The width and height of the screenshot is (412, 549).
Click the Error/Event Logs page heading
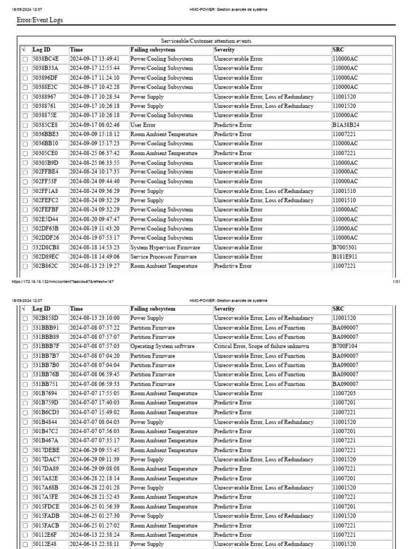pyautogui.click(x=40, y=20)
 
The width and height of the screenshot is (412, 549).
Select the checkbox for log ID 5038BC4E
pyautogui.click(x=25, y=59)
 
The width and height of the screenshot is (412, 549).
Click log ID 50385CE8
pyautogui.click(x=45, y=125)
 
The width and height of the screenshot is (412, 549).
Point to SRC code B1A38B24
pyautogui.click(x=345, y=125)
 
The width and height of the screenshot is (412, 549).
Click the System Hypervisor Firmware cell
pyautogui.click(x=165, y=248)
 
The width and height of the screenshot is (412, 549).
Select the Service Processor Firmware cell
pyautogui.click(x=163, y=257)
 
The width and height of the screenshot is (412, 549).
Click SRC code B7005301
pyautogui.click(x=344, y=248)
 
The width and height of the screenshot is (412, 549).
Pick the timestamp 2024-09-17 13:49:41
pyautogui.click(x=94, y=59)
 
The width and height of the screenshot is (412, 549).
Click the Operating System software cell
pyautogui.click(x=162, y=346)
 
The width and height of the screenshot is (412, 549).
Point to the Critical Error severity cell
pyautogui.click(x=261, y=346)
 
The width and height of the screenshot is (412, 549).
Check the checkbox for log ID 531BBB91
pyautogui.click(x=25, y=328)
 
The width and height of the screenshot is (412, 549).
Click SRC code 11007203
pyautogui.click(x=344, y=394)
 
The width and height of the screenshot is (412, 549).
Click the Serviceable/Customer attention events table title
pyautogui.click(x=206, y=41)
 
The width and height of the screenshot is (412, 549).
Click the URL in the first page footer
pyautogui.click(x=62, y=281)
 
